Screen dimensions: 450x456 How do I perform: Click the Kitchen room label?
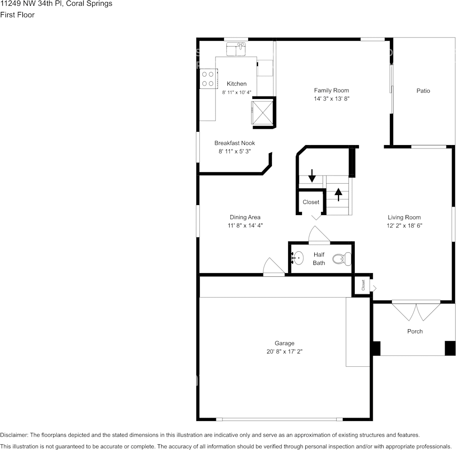tap(236, 84)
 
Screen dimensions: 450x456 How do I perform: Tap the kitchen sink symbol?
tap(236, 49)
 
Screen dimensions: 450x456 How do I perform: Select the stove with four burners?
tap(208, 78)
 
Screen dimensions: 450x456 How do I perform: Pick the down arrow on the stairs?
tap(312, 176)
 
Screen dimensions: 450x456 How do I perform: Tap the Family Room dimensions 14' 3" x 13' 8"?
tap(331, 99)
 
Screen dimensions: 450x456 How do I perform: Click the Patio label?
tap(423, 90)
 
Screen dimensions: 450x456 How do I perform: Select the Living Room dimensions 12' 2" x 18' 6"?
tap(404, 226)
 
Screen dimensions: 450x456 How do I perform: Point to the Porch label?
tap(415, 331)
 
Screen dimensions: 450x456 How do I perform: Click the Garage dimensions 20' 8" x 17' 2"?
tap(284, 352)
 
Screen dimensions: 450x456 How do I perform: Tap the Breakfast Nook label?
tap(234, 143)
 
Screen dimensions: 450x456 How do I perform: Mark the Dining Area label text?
tap(245, 217)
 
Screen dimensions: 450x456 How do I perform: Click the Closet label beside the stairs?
tap(311, 202)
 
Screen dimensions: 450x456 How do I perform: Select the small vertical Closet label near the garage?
tap(363, 285)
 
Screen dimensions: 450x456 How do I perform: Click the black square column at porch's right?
tap(449, 348)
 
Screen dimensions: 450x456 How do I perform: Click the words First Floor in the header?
tap(17, 15)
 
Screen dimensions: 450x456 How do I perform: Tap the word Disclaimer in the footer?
tap(14, 435)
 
